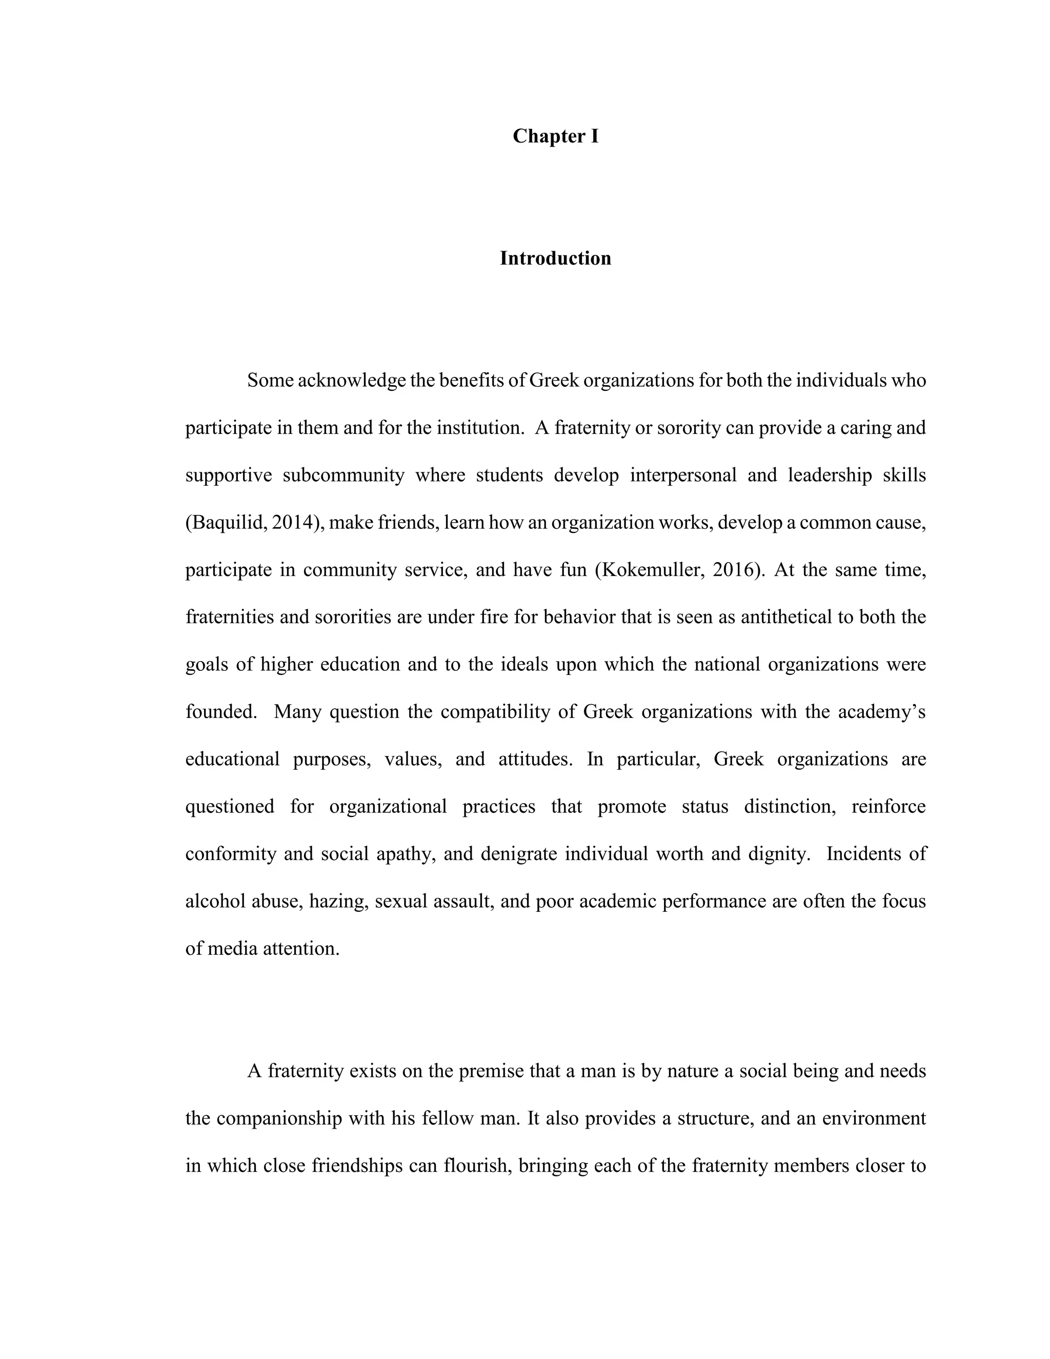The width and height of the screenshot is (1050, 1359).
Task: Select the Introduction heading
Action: click(555, 258)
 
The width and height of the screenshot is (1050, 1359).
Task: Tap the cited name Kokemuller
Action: click(651, 570)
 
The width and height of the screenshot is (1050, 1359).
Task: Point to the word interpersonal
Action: click(683, 475)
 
